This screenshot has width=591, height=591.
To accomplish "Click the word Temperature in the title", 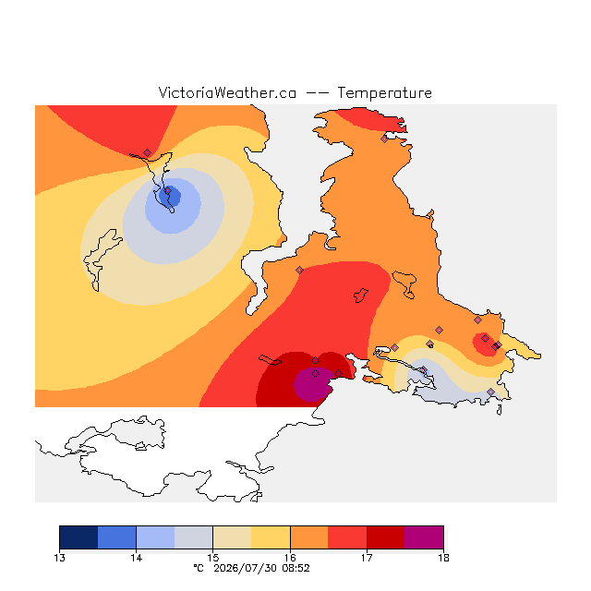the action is point(384,93).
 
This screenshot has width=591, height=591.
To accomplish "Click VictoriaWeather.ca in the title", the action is point(227,92).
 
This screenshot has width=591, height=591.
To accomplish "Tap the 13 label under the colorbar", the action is point(59,558).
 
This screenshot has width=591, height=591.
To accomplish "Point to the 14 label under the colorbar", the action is point(136,558).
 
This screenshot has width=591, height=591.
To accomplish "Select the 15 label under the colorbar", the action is point(213,558).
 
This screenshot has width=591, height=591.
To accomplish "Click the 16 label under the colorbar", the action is point(290,558).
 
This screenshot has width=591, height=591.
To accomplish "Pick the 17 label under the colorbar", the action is point(367,558).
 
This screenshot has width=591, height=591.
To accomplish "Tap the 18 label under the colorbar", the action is point(443,558).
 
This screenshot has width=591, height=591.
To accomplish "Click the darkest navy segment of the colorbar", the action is point(78,537).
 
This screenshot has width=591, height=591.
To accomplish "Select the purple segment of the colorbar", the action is point(424,537).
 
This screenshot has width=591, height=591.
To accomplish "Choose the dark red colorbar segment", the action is point(386,537).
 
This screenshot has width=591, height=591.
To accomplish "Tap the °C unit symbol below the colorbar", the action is point(199,568).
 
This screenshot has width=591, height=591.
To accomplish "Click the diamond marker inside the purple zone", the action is point(316,373).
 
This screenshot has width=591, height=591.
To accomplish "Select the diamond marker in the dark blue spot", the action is point(168,191).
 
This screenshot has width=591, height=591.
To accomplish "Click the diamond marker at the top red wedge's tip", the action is point(148,152).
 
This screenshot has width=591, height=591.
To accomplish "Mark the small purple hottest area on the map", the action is point(312,384).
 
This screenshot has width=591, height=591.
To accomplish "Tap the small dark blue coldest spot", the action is point(170,196).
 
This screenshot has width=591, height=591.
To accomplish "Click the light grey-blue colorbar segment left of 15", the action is point(194,537).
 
